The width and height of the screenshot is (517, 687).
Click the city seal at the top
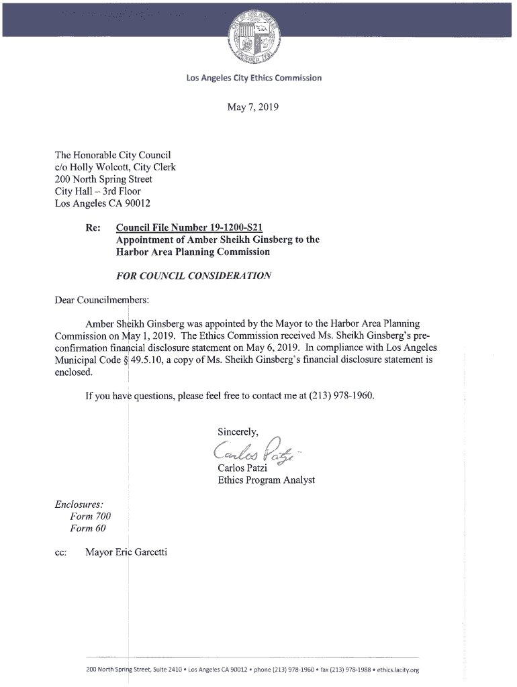pyautogui.click(x=257, y=38)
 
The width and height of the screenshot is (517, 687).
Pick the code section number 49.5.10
pyautogui.click(x=153, y=360)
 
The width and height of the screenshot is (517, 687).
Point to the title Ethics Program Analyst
pyautogui.click(x=266, y=480)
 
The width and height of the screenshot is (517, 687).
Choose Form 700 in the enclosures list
pyautogui.click(x=90, y=516)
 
